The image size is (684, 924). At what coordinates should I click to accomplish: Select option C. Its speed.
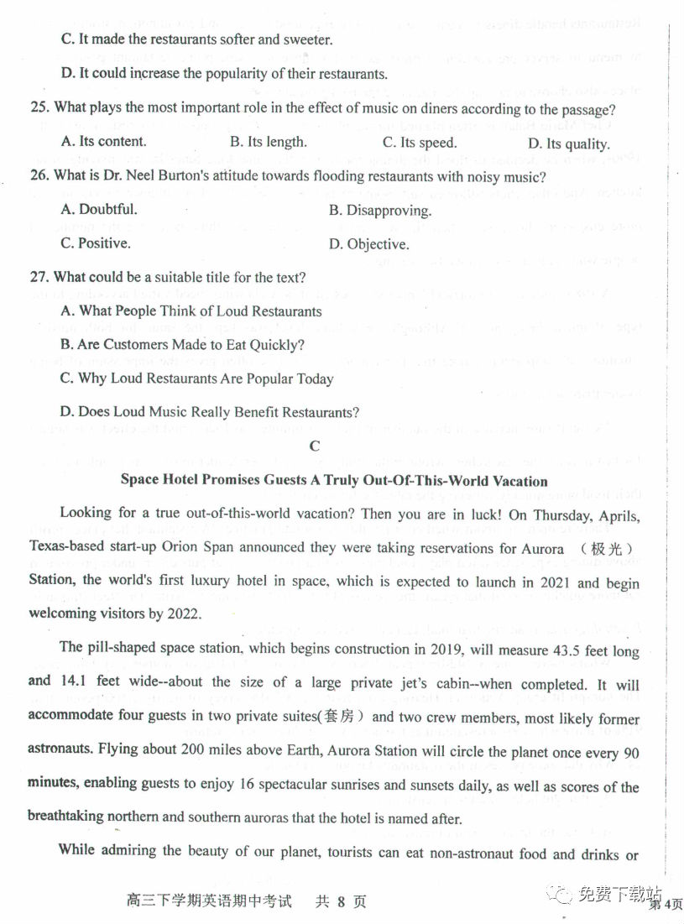[x=420, y=143]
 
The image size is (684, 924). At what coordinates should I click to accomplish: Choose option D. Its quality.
[x=577, y=144]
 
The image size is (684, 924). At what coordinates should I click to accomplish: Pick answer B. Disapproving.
[x=379, y=211]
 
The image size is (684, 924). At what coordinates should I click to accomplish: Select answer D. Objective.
[x=368, y=244]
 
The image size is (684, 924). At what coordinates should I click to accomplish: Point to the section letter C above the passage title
[x=315, y=446]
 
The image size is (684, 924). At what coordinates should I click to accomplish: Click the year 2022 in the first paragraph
[x=184, y=613]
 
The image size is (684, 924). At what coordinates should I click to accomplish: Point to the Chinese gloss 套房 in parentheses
[x=342, y=718]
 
